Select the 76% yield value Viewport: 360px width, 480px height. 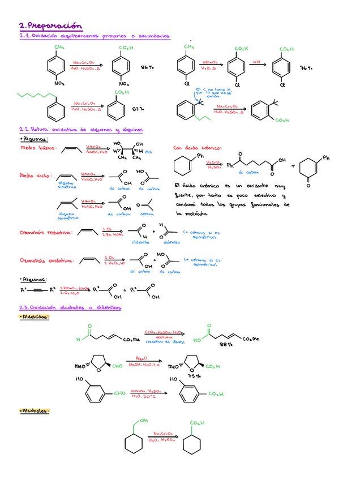(x=306, y=67)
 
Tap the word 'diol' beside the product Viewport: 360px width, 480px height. (x=148, y=152)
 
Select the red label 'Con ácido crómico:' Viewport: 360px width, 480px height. (x=198, y=148)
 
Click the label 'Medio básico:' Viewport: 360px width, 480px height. (x=38, y=148)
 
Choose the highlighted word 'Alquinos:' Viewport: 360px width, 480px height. (x=34, y=279)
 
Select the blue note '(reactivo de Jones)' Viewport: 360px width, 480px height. (x=160, y=341)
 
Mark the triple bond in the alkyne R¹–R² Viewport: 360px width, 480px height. (x=37, y=290)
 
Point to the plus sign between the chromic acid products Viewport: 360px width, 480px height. (x=293, y=166)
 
